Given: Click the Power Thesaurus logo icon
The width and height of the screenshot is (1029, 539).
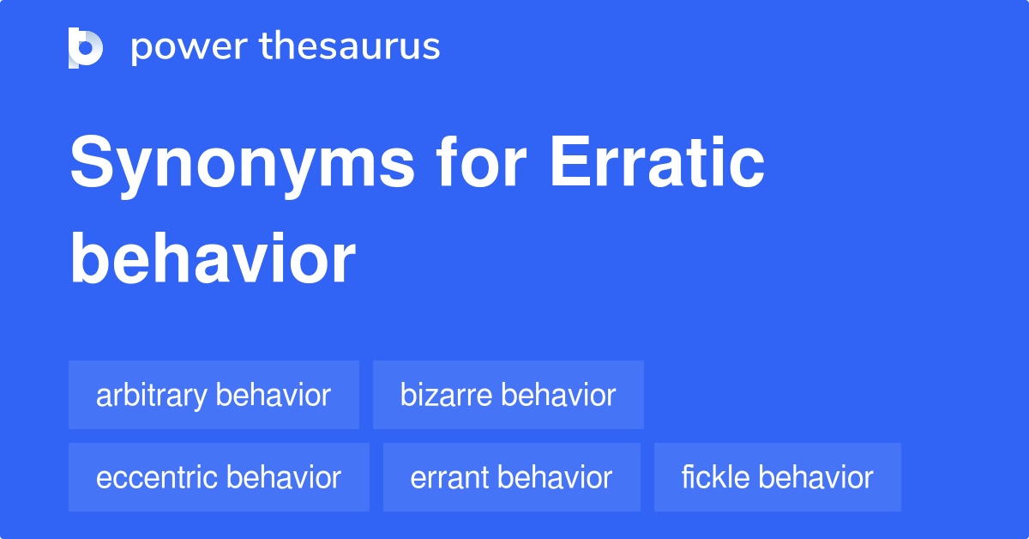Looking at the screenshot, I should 86,47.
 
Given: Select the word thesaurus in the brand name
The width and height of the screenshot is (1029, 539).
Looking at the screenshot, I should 350,47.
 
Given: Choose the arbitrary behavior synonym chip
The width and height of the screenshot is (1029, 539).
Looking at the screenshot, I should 214,395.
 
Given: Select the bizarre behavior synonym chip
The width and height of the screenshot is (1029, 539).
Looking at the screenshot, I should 508,395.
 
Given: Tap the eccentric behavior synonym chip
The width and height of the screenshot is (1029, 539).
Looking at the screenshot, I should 219,477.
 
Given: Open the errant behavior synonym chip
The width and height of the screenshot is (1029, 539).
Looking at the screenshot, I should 511,477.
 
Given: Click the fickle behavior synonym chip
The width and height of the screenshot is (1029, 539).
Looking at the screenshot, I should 777,477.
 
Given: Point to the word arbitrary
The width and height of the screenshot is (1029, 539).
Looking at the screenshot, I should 152,396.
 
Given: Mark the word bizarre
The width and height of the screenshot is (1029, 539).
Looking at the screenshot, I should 446,395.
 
